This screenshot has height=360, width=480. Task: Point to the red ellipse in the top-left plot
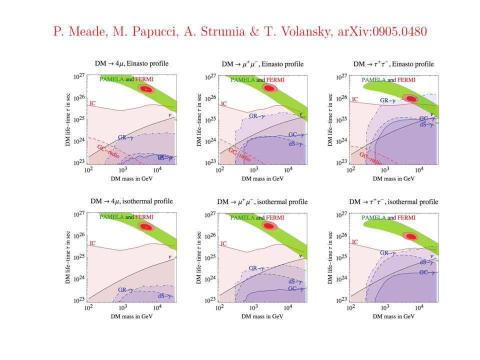[146, 89]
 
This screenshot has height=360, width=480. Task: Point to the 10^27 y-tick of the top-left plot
[80, 76]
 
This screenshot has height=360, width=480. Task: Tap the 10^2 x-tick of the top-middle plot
[219, 170]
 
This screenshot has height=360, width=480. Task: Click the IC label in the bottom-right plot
[355, 242]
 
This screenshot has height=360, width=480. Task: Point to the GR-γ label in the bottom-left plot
[125, 289]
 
